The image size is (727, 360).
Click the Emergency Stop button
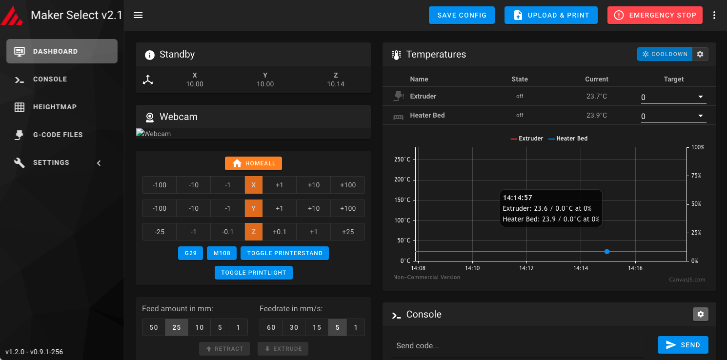(655, 15)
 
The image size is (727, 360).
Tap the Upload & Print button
(551, 15)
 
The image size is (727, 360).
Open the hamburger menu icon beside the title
(138, 15)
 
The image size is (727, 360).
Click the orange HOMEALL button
(253, 163)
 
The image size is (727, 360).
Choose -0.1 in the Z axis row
(227, 232)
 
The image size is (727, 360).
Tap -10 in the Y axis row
(193, 208)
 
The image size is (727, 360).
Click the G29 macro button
(190, 253)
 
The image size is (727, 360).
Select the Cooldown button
(665, 54)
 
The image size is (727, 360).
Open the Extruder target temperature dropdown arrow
(700, 97)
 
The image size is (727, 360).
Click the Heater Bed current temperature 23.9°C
(597, 115)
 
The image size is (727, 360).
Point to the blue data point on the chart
(607, 252)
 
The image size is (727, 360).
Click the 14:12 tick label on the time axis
(526, 268)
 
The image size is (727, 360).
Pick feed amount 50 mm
(154, 327)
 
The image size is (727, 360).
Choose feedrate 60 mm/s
(271, 327)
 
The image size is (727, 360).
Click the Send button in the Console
(683, 345)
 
